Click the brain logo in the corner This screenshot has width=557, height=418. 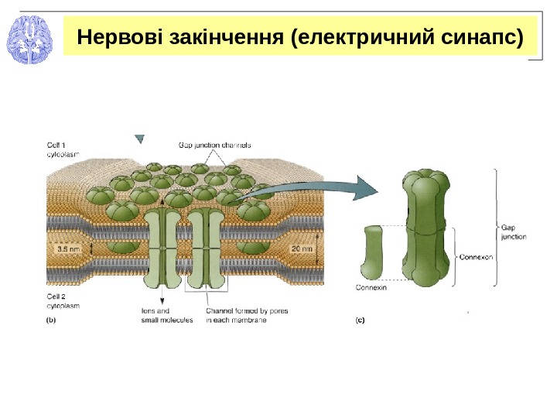click(29, 39)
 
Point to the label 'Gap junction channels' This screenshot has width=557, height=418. click(214, 145)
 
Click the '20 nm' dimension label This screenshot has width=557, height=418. click(302, 249)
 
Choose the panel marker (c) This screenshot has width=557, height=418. click(360, 319)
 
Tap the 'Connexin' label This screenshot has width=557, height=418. click(371, 287)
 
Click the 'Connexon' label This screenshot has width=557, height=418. click(476, 255)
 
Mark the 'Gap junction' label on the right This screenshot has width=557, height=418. click(513, 232)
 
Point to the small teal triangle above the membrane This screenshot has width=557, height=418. click(139, 140)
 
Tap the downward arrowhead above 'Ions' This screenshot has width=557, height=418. click(162, 300)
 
